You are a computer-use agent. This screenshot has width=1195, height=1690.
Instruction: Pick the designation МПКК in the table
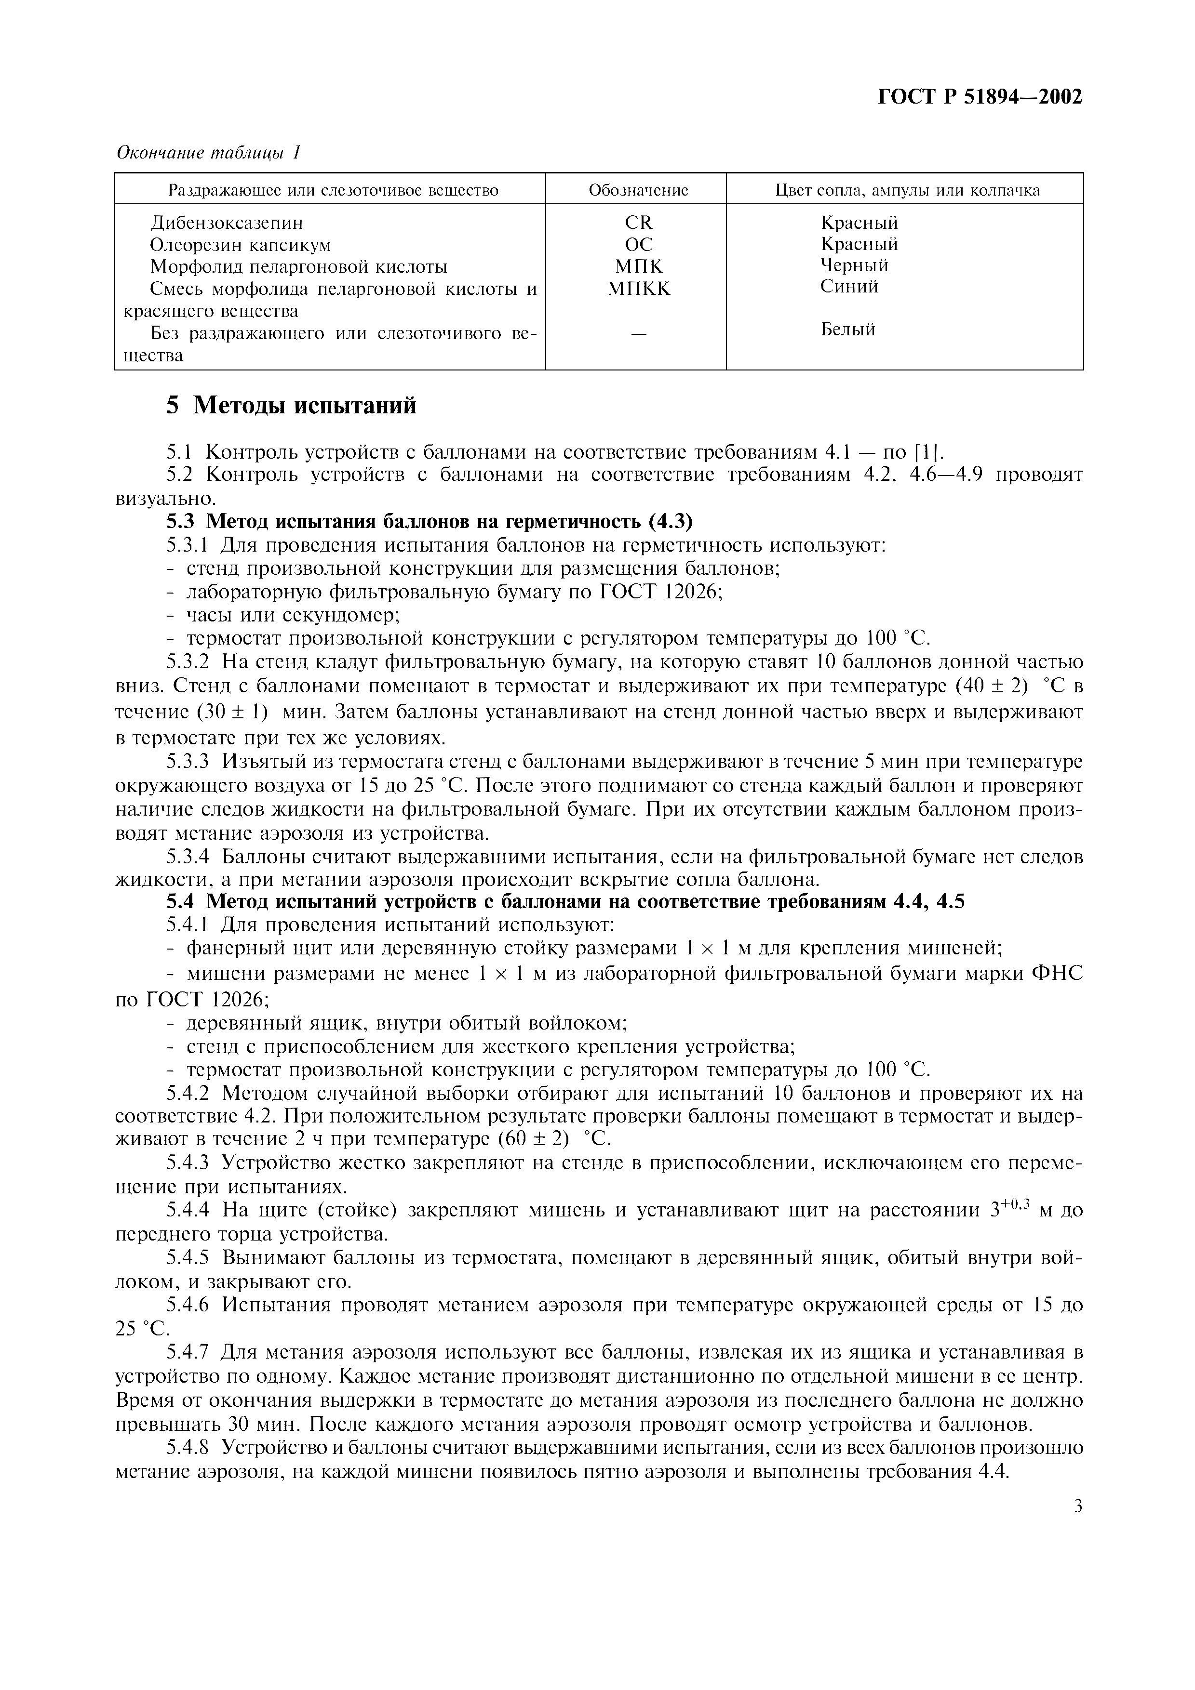[638, 289]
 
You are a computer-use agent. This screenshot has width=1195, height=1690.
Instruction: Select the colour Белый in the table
[847, 329]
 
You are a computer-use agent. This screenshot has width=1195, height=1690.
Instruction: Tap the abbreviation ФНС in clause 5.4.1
[1058, 974]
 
